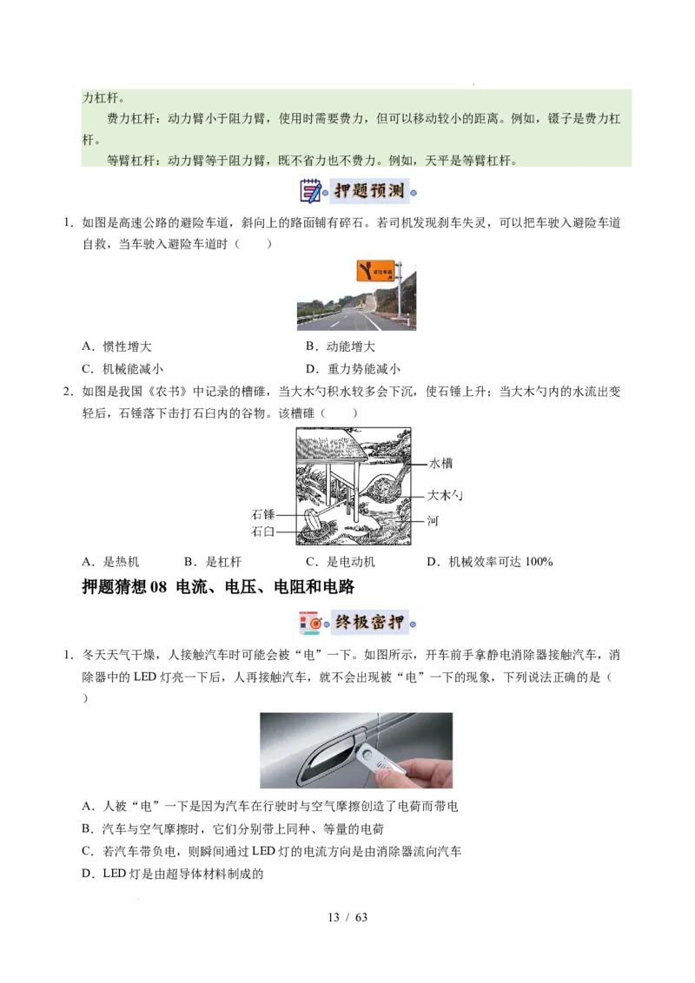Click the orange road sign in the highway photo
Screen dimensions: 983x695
click(375, 271)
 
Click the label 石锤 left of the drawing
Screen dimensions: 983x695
click(263, 515)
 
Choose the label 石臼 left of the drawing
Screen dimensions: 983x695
click(263, 531)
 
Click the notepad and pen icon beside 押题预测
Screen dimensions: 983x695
click(310, 191)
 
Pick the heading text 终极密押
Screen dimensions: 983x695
click(369, 623)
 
